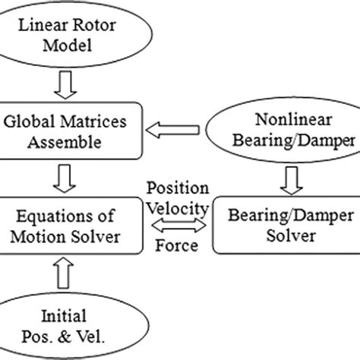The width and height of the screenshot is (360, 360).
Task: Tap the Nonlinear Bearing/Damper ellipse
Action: click(x=286, y=130)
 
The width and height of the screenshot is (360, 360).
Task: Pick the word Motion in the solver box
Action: click(x=62, y=235)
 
